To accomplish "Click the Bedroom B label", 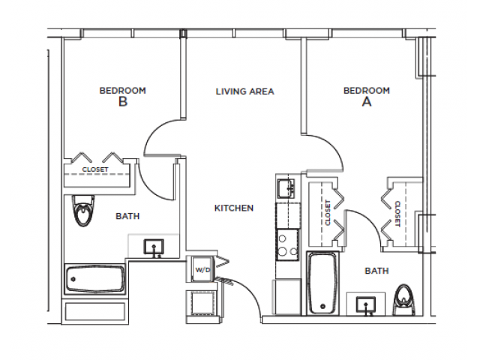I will tap(122, 97).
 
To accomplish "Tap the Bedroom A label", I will tap(366, 97).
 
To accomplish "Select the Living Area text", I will tap(244, 91).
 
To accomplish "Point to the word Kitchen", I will tap(234, 208).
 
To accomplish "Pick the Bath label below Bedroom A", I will tap(376, 270).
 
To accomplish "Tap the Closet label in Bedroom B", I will tap(95, 169).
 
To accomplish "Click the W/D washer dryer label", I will tap(201, 268).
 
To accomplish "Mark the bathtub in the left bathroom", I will tap(94, 280).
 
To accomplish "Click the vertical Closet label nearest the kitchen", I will tap(328, 213).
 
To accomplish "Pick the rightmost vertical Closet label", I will tap(396, 213).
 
